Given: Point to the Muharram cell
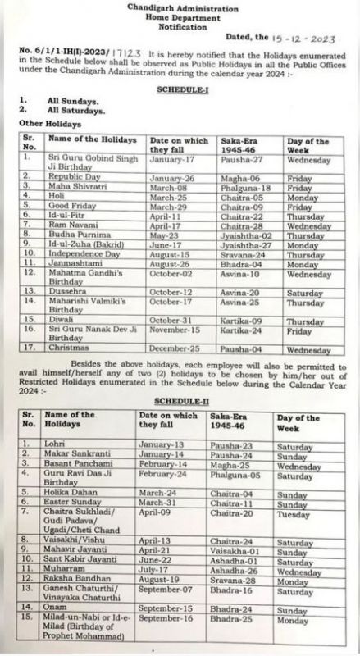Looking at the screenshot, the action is click(x=65, y=571).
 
